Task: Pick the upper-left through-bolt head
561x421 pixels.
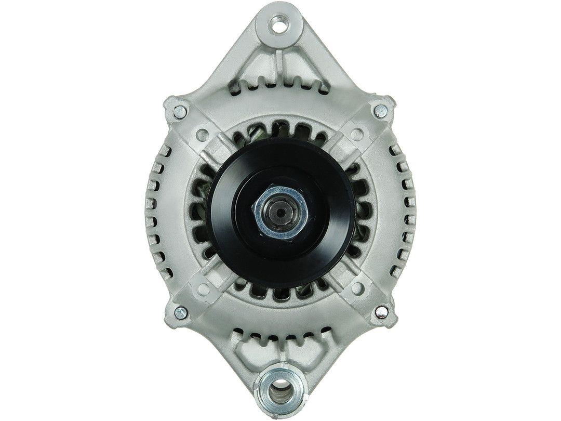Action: pos(180,110)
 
